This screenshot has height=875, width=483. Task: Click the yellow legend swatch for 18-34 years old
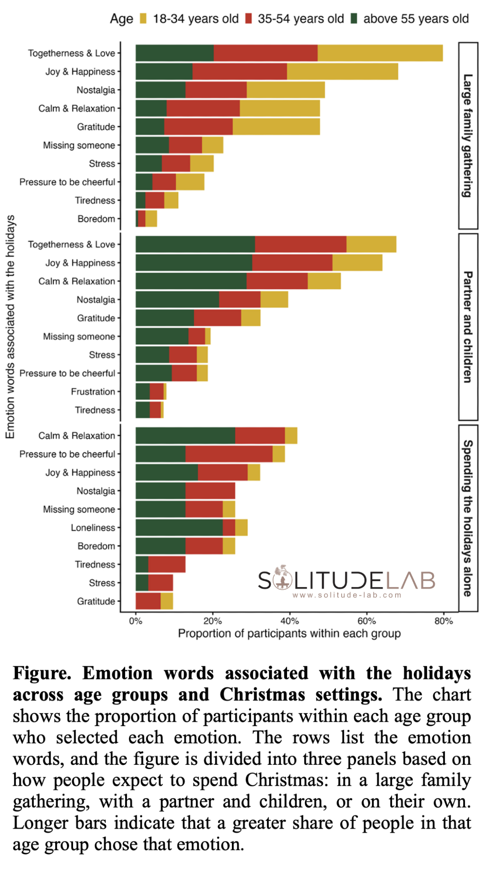(x=143, y=19)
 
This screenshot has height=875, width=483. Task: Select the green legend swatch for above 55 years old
(x=354, y=19)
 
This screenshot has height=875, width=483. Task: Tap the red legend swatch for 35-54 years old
(x=248, y=19)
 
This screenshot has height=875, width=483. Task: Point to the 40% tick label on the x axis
(x=289, y=621)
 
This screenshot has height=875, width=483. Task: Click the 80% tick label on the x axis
(x=443, y=621)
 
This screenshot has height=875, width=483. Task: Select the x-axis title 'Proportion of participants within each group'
(x=289, y=633)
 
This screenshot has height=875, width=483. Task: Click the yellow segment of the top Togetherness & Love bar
(x=380, y=53)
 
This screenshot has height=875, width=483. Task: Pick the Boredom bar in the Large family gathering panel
(x=147, y=219)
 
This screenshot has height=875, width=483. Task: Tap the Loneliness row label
(x=93, y=528)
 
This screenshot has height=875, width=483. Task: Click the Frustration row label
(x=93, y=392)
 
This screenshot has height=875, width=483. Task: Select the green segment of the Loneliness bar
(x=179, y=528)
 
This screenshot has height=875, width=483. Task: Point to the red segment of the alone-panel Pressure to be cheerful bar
(x=229, y=454)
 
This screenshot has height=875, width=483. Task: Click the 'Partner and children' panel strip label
(x=468, y=327)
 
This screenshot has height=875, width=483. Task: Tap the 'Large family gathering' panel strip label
(x=468, y=136)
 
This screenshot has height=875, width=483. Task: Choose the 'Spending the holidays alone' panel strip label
(x=468, y=518)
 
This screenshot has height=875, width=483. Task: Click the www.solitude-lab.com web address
(x=346, y=595)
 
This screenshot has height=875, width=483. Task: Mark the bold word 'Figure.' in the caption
(x=42, y=673)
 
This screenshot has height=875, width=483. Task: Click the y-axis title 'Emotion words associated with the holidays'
(x=10, y=327)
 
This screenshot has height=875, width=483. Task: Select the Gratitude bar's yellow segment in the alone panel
(x=167, y=601)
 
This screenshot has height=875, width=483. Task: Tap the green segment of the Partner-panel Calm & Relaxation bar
(x=191, y=281)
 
